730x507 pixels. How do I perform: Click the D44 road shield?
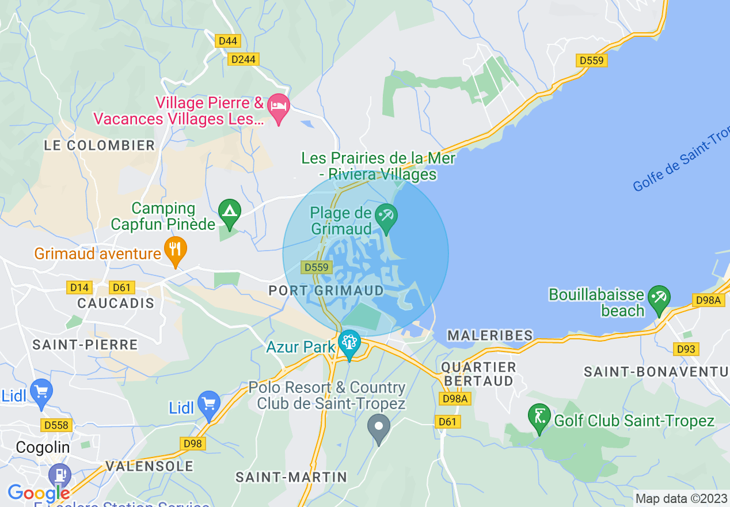[227, 41]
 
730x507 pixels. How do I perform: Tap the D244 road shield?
[244, 59]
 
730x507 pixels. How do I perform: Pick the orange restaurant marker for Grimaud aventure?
[176, 249]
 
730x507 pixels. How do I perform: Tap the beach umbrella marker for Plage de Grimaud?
[386, 217]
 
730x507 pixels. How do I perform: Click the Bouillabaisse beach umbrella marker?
[659, 298]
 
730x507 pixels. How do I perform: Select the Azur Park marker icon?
[349, 343]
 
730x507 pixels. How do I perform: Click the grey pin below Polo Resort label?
[379, 429]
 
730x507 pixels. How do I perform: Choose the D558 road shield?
[56, 426]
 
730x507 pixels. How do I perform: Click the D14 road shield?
[79, 287]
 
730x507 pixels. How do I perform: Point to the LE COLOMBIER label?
[100, 145]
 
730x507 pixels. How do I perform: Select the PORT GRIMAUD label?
[326, 290]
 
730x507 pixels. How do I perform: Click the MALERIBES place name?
[490, 335]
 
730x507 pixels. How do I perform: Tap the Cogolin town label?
[43, 447]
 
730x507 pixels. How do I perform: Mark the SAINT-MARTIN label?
[292, 477]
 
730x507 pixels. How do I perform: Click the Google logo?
[38, 493]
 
